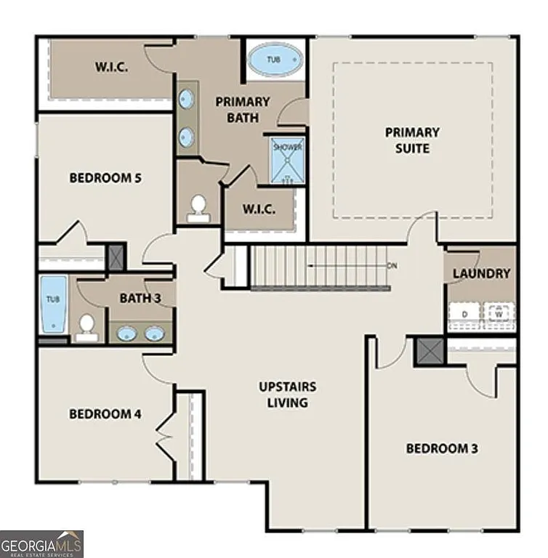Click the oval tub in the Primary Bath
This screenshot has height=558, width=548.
274,60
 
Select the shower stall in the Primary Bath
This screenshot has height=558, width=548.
287,160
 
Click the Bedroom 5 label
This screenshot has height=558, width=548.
105,177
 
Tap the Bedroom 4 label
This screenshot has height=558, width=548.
105,413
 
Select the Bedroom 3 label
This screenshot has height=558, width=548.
441,448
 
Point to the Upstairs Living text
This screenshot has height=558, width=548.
287,395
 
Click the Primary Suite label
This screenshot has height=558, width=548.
412,140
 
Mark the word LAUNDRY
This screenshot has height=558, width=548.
480,274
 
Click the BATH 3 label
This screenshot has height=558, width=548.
137,297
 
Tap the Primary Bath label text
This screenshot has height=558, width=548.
242,110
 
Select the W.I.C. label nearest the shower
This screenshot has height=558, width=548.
258,209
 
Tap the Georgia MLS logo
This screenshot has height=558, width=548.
42,543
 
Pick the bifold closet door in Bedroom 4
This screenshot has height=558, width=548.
166,436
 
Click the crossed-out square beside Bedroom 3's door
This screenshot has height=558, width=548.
429,352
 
